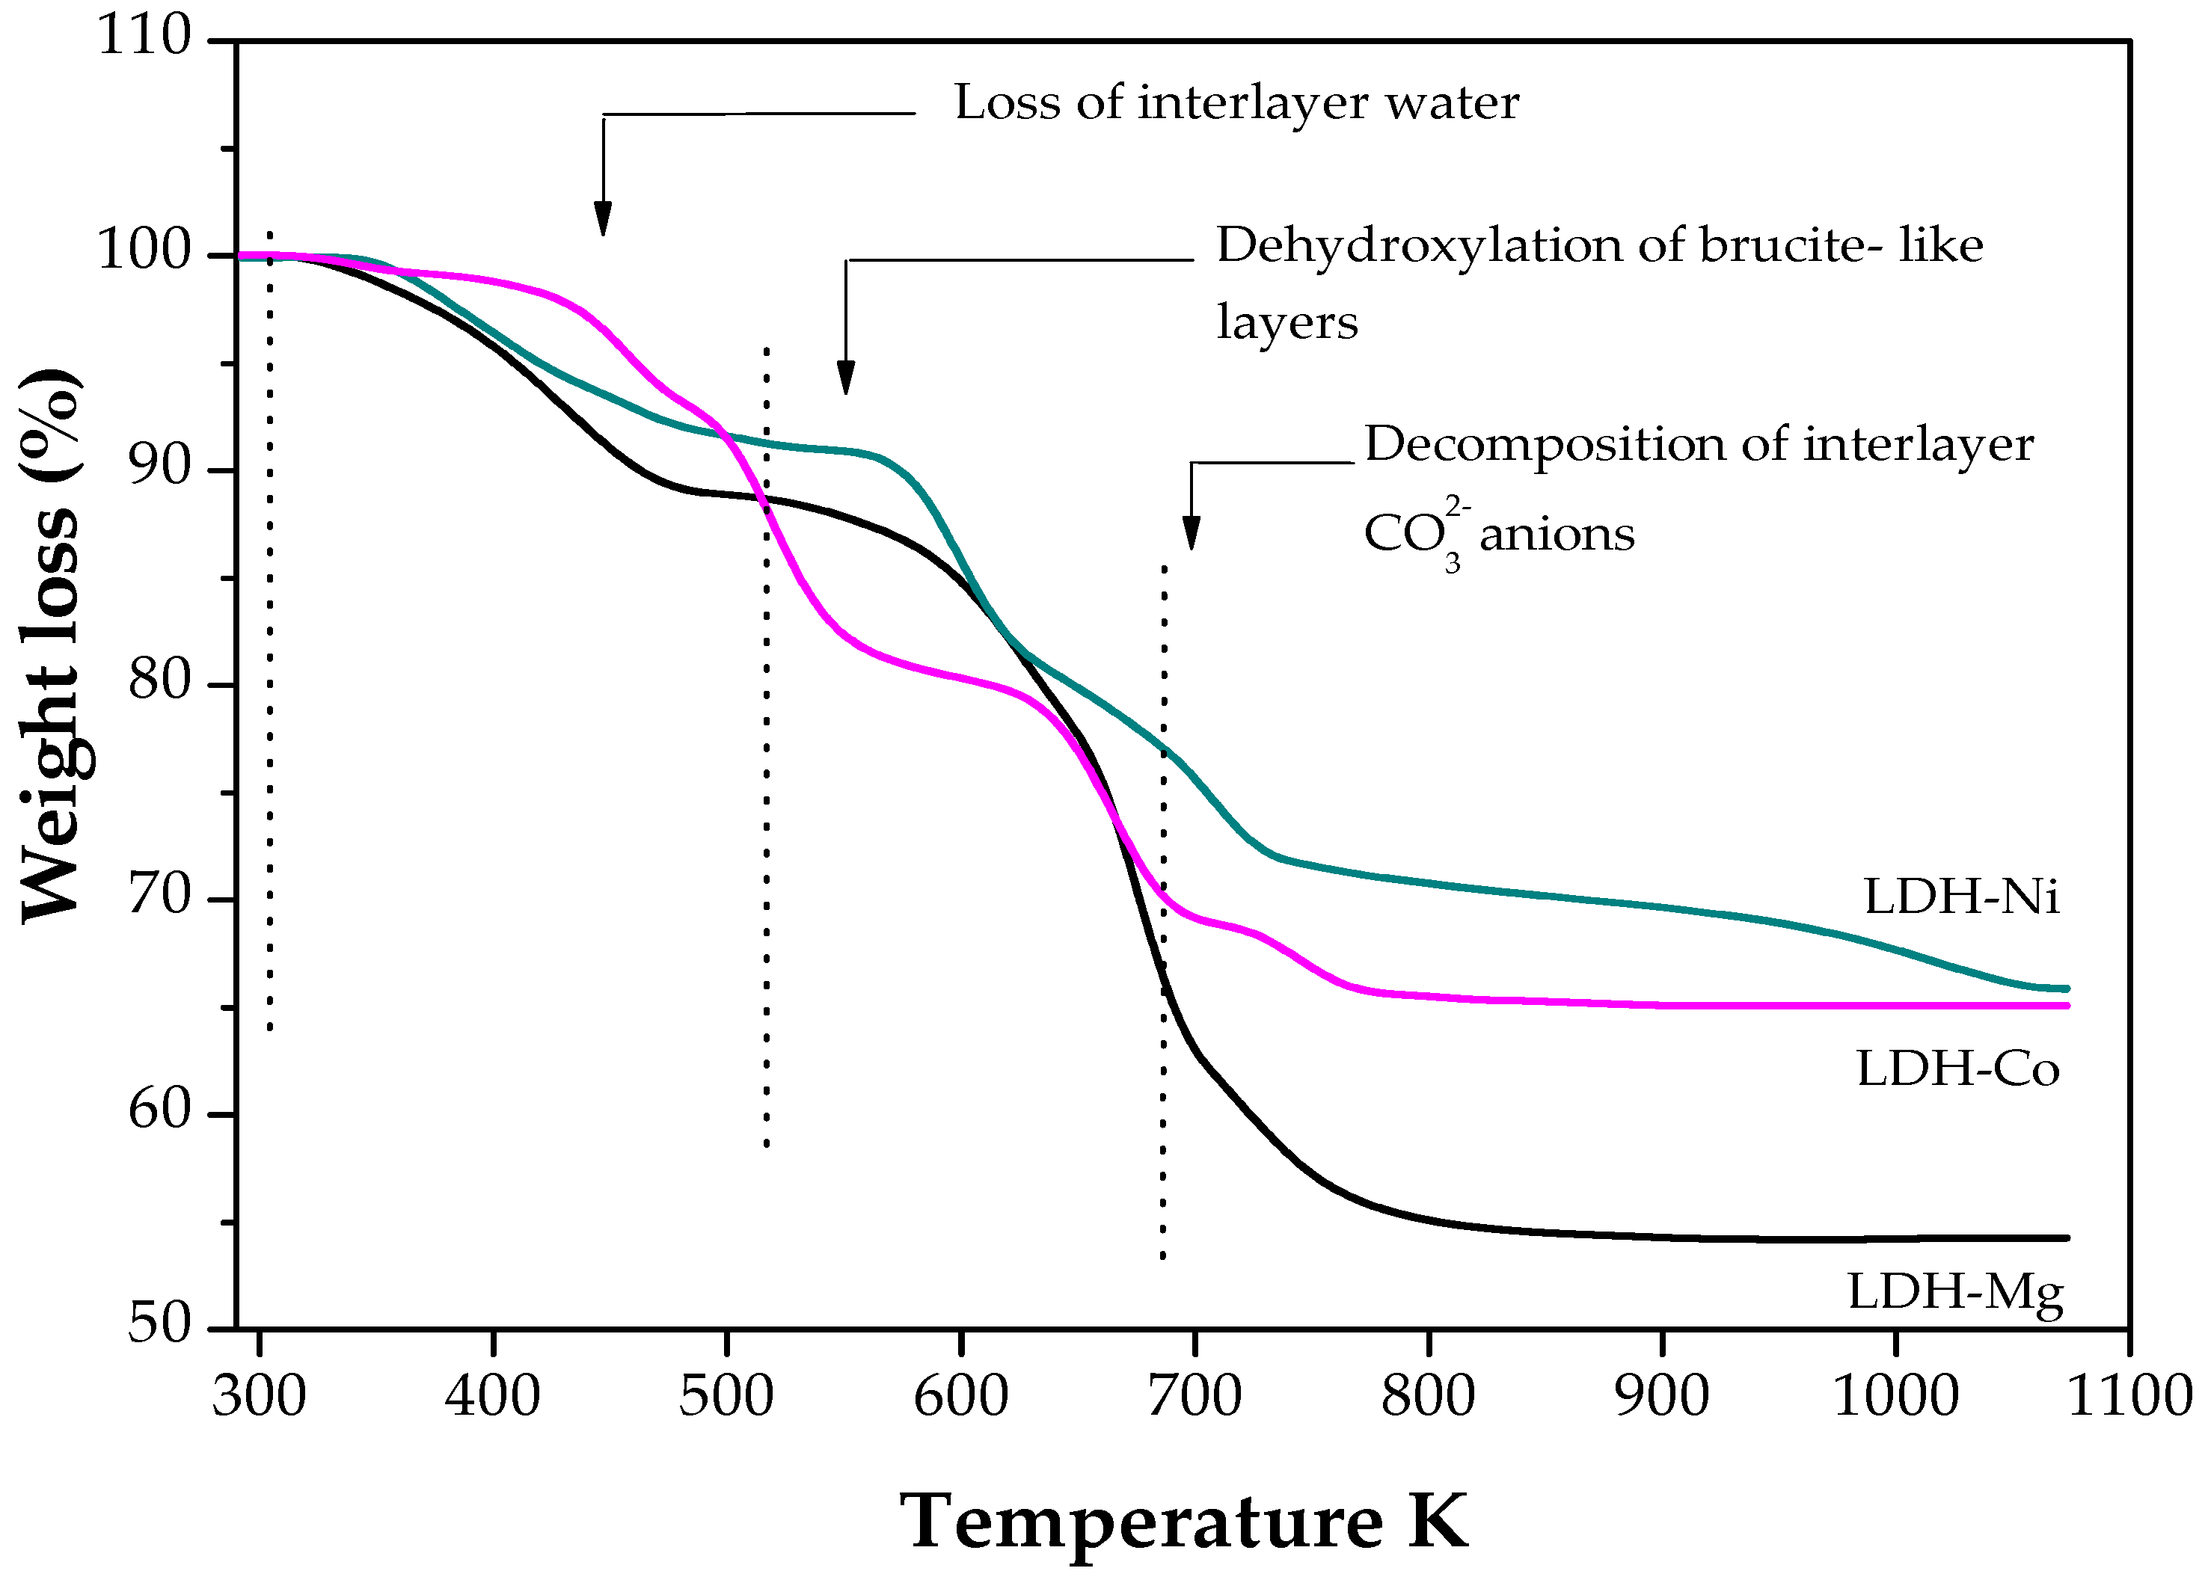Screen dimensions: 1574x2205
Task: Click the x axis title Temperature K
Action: click(1184, 1522)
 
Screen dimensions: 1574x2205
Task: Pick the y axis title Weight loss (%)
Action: click(50, 645)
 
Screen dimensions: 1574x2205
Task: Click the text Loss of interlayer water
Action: click(1236, 102)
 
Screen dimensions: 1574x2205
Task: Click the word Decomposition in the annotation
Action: click(1544, 446)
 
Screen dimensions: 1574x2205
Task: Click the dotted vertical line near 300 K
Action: click(269, 630)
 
